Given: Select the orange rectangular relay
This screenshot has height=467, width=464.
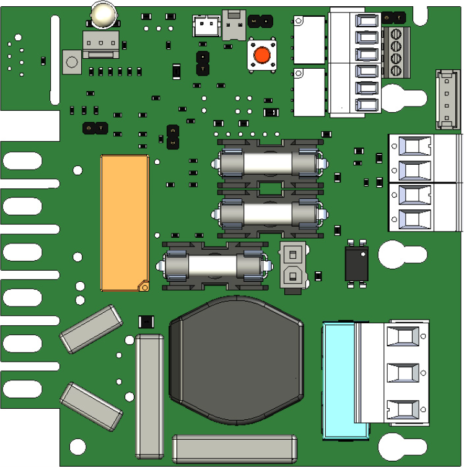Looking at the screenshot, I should pyautogui.click(x=125, y=222).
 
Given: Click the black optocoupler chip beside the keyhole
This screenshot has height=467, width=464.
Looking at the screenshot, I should pyautogui.click(x=357, y=261).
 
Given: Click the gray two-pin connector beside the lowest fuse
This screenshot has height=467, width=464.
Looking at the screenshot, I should pyautogui.click(x=292, y=264).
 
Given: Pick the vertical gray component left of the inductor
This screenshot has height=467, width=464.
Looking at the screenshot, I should pyautogui.click(x=150, y=396).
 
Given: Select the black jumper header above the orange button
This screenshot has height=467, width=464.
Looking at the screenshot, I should pyautogui.click(x=261, y=22).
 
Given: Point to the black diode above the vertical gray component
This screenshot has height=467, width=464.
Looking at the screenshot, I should pyautogui.click(x=146, y=321).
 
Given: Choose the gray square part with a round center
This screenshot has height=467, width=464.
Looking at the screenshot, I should pyautogui.click(x=72, y=63).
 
